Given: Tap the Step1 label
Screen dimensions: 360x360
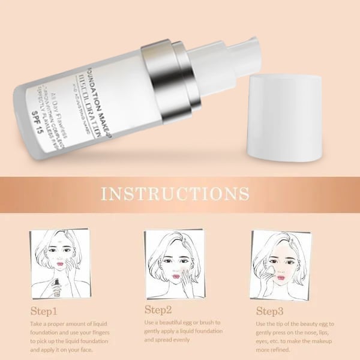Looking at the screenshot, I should pyautogui.click(x=44, y=311).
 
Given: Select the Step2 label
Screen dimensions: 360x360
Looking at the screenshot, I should pyautogui.click(x=159, y=310).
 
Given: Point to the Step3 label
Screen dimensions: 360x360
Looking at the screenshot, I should pyautogui.click(x=271, y=311).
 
